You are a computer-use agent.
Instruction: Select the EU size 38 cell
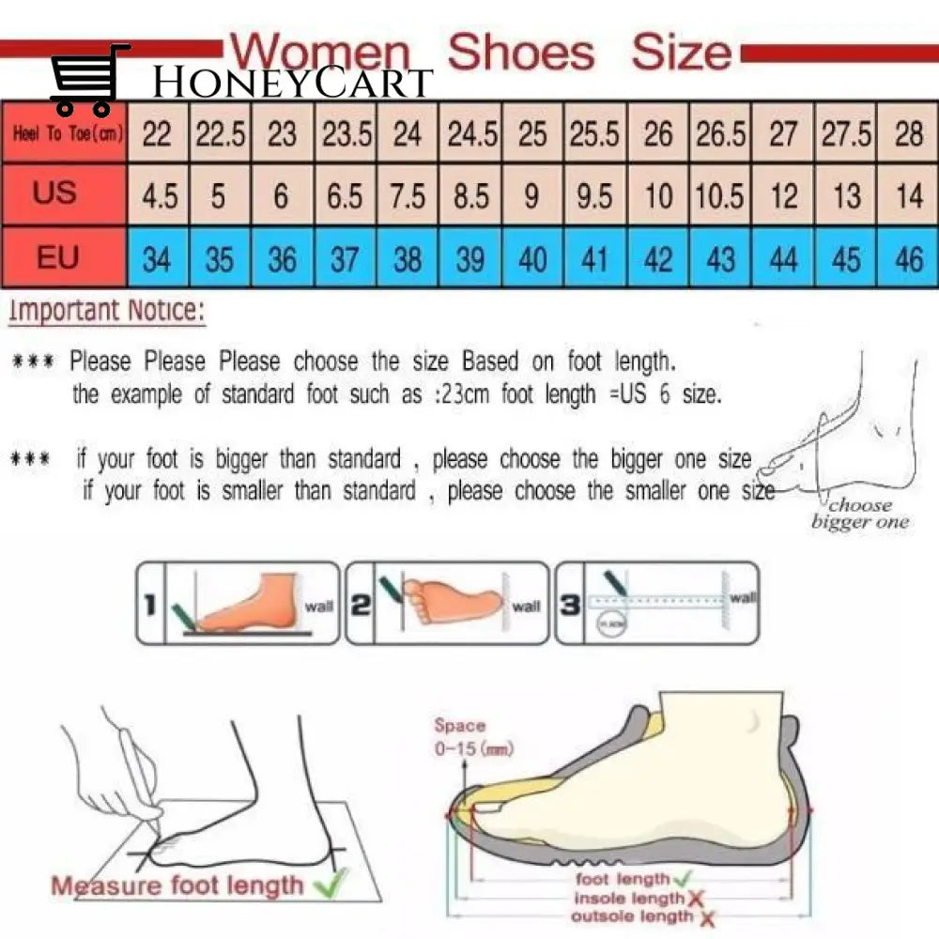(407, 258)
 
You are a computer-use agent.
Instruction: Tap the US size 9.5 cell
(594, 196)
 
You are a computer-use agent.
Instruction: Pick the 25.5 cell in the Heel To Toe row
(594, 134)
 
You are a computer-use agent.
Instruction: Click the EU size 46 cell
(909, 258)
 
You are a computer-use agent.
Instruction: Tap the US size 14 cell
(909, 196)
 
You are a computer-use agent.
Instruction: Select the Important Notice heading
(106, 311)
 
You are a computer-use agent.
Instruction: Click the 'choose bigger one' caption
(859, 514)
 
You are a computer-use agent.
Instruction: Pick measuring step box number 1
(239, 603)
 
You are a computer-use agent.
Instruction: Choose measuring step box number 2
(447, 603)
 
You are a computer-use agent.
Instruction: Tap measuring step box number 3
(656, 603)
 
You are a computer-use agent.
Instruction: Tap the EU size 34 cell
(157, 258)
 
